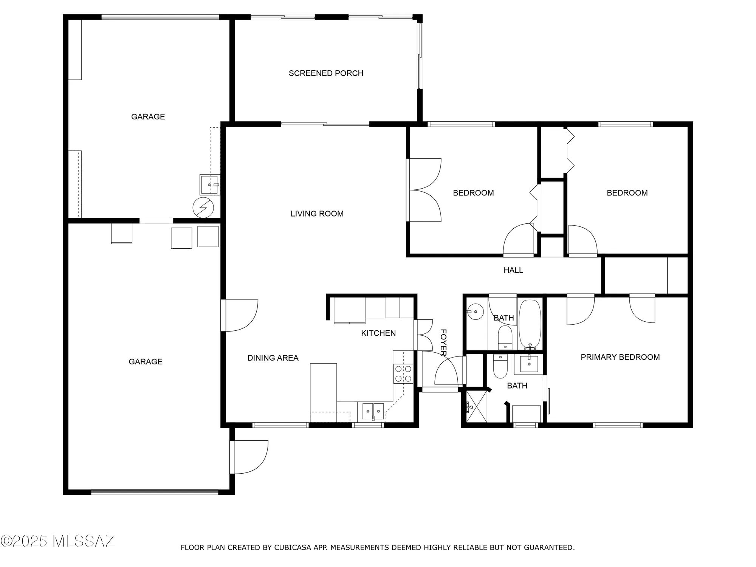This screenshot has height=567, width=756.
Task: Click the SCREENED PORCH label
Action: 326,73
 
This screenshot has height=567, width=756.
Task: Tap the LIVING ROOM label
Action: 317,214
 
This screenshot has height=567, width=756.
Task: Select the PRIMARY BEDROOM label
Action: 620,357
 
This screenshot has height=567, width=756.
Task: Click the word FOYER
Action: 443,342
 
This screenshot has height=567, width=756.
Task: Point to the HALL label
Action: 513,270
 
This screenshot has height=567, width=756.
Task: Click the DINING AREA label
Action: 273,358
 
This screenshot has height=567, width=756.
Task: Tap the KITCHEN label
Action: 378,333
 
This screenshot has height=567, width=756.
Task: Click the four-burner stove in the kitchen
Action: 403,373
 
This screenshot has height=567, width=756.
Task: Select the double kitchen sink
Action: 373,411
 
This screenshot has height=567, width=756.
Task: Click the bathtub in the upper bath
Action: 530,324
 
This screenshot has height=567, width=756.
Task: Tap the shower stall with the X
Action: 476,407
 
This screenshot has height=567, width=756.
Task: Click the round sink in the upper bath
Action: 476,312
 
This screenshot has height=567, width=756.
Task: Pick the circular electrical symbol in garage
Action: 203,208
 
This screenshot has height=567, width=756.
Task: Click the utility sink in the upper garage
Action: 209,184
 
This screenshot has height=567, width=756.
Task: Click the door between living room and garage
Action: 240,315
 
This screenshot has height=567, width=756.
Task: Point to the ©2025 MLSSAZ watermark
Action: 57,541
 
